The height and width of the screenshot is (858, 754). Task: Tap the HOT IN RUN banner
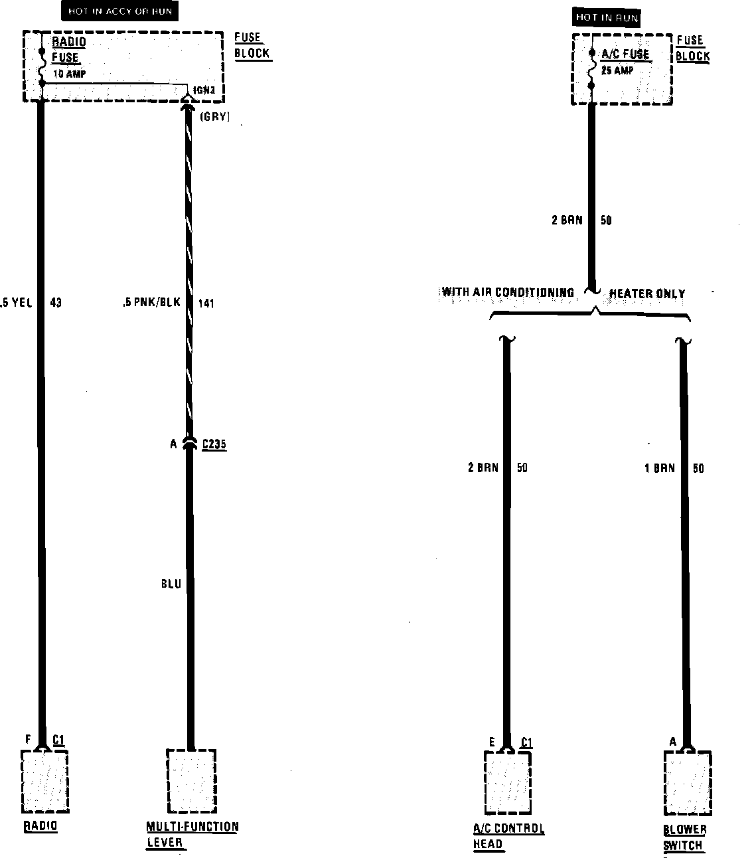click(607, 18)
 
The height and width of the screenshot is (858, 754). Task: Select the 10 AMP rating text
click(69, 74)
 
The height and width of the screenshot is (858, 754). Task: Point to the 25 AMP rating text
click(617, 70)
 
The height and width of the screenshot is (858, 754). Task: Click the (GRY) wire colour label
click(214, 118)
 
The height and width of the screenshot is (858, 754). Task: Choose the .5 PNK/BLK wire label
click(151, 303)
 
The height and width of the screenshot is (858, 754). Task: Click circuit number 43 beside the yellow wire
click(56, 303)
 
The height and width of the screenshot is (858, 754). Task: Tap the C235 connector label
click(214, 444)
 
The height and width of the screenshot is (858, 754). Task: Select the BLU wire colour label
click(171, 584)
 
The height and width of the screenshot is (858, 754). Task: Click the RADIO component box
click(44, 782)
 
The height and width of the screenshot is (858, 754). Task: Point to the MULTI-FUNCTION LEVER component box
click(191, 782)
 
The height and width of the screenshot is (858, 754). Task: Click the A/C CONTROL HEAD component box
click(508, 783)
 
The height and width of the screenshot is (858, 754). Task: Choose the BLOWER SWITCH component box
click(688, 783)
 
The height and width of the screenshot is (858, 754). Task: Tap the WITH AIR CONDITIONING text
click(508, 292)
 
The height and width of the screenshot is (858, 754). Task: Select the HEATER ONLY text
click(647, 294)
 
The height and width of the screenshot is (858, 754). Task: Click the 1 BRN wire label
click(660, 468)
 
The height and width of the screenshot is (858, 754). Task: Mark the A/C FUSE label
click(625, 54)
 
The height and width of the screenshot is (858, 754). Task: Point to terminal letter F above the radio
click(27, 738)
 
